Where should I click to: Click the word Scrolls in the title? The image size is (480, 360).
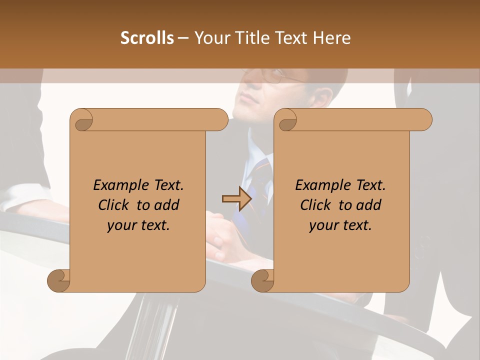click(x=147, y=38)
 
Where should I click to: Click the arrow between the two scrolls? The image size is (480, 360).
click(x=236, y=198)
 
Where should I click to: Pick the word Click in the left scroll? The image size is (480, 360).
click(x=115, y=205)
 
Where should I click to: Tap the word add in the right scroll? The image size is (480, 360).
click(x=368, y=205)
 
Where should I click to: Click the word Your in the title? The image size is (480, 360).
click(x=210, y=38)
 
